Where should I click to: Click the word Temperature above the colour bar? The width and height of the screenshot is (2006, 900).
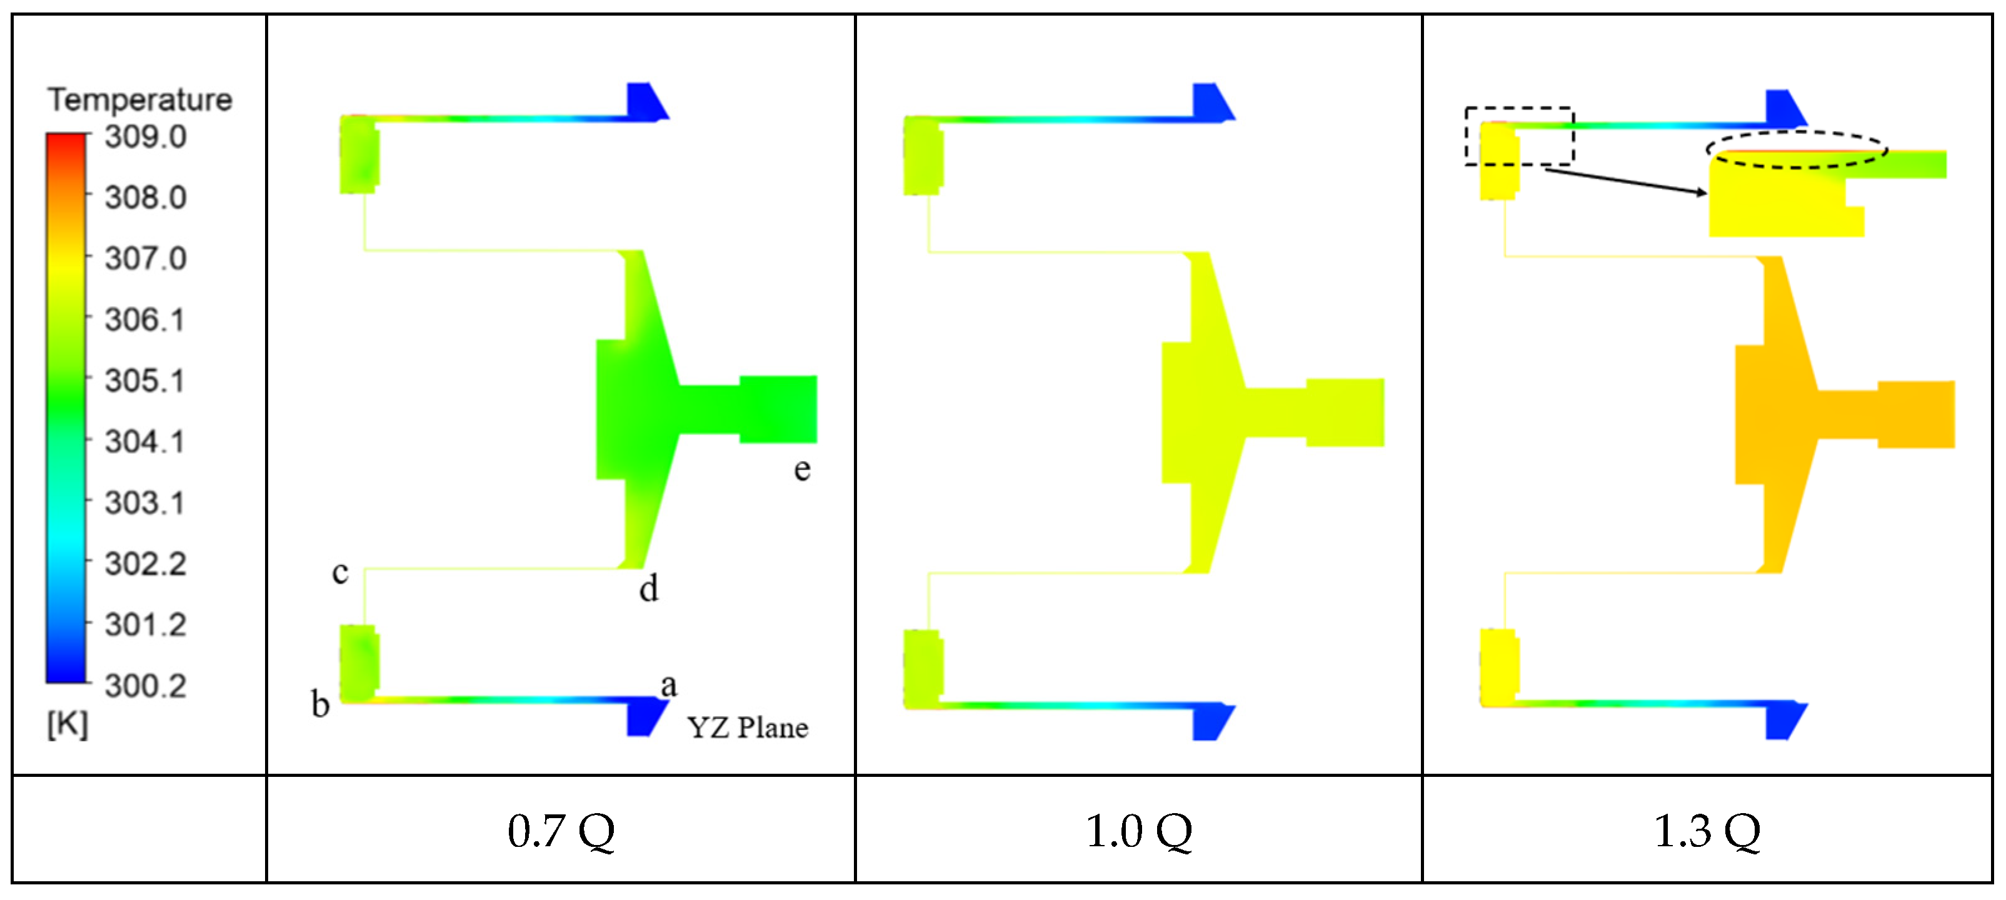coord(139,99)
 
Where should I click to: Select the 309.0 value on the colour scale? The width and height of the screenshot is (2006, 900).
coord(146,137)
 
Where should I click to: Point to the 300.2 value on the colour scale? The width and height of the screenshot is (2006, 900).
coord(146,686)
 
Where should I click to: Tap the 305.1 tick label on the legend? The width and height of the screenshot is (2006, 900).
coord(146,381)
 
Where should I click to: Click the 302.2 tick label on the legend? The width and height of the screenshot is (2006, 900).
coord(146,564)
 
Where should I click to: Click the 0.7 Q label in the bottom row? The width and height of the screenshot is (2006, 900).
coord(561,831)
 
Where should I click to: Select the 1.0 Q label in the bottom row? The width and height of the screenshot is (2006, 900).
coord(1138,831)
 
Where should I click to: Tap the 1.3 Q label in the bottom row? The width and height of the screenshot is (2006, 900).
coord(1707,831)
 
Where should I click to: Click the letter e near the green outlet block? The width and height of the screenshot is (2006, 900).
coord(802,469)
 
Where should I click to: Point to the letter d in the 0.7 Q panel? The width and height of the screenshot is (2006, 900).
coord(649,589)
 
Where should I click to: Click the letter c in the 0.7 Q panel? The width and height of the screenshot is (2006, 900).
coord(340,573)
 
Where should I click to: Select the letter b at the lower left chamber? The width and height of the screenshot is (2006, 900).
coord(320,704)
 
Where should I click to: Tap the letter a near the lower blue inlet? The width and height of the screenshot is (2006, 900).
coord(668,686)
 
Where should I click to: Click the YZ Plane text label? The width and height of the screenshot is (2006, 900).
coord(748,728)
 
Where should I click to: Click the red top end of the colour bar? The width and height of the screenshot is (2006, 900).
coord(66,140)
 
